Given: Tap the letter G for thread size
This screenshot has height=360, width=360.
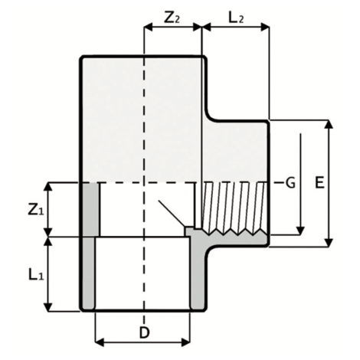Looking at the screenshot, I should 290,183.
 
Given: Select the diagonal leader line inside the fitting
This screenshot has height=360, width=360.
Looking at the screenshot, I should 171,214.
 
